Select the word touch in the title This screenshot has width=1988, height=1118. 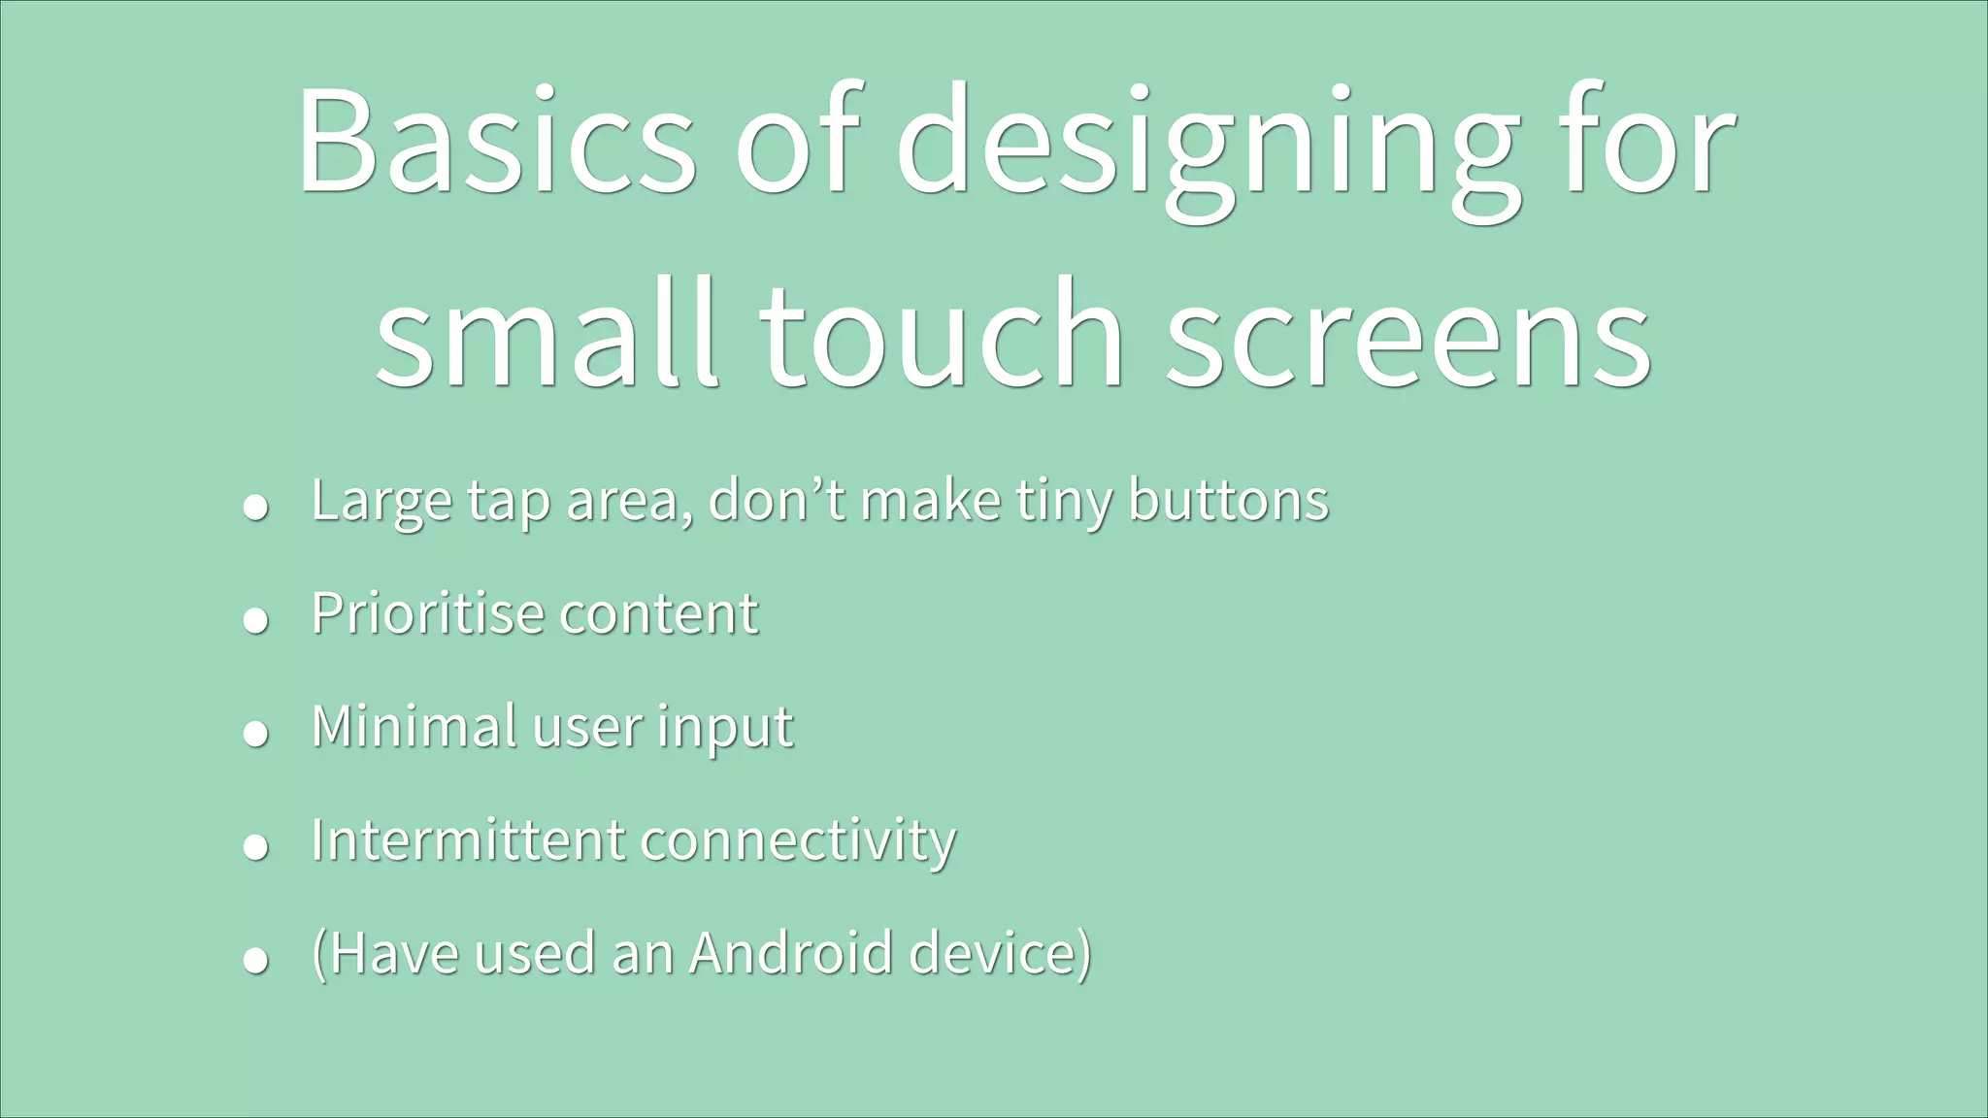(942, 335)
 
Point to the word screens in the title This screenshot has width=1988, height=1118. (1408, 335)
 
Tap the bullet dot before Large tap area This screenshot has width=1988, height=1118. (255, 508)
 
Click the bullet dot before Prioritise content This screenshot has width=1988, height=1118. (255, 620)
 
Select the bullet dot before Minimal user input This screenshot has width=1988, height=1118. (255, 734)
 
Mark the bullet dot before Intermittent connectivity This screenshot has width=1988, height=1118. (255, 847)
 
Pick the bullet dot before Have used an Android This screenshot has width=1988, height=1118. (255, 960)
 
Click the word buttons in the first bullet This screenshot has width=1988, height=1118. (1228, 501)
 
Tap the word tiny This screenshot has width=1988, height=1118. (1064, 503)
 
